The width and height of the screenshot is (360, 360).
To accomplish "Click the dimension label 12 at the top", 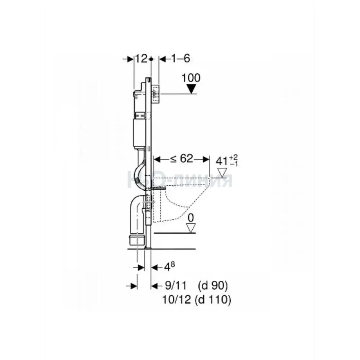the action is click(x=141, y=59).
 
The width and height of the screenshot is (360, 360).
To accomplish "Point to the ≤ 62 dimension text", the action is click(x=181, y=159).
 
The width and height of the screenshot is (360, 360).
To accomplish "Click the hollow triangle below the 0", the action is click(x=191, y=228).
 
